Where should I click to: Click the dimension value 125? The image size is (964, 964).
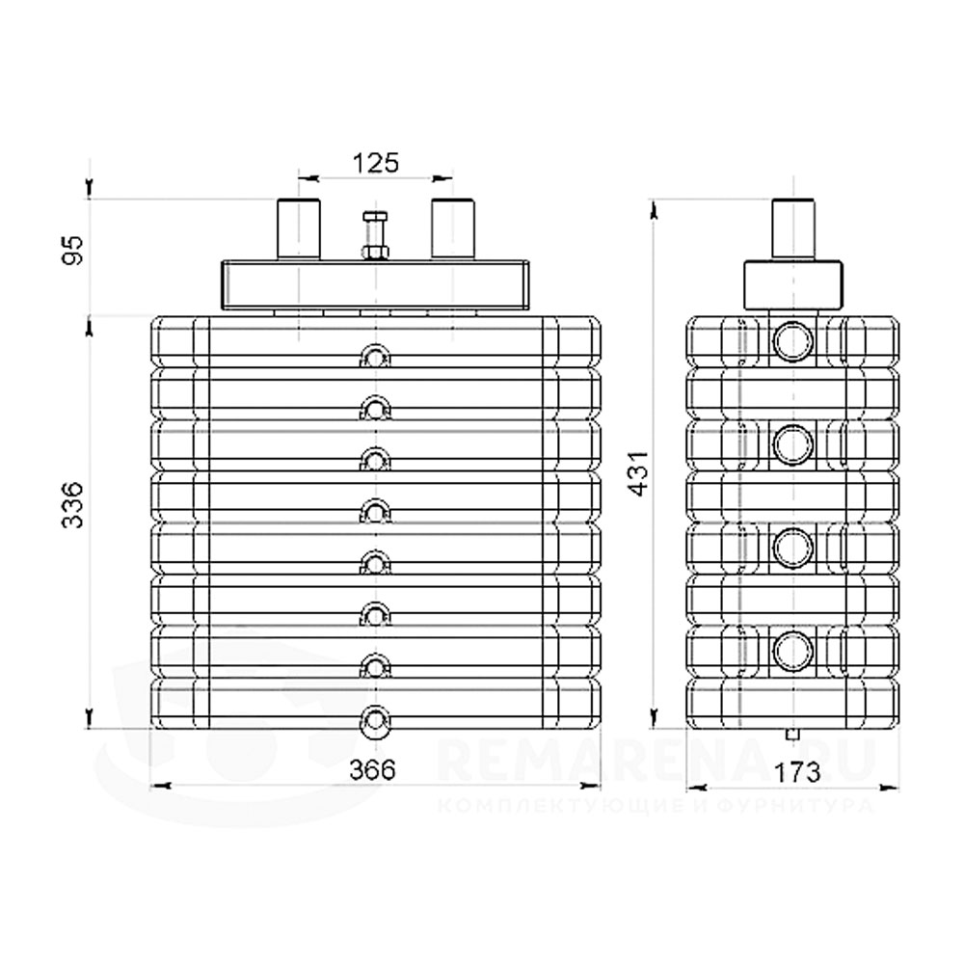[x=374, y=162]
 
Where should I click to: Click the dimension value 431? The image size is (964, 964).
[x=635, y=473]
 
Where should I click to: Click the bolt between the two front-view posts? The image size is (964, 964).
[x=374, y=235]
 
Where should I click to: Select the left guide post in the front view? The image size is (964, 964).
[x=298, y=228]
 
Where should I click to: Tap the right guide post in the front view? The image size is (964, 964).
[x=452, y=228]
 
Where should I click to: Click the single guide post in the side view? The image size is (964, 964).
[x=793, y=228]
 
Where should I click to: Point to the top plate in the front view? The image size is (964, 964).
[x=374, y=283]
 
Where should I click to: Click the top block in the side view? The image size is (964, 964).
[x=793, y=285]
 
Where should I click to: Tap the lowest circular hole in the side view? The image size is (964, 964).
[x=793, y=651]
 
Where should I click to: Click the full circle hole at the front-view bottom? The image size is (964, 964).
[x=374, y=720]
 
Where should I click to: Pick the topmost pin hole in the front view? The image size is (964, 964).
[x=374, y=359]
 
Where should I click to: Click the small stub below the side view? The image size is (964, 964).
[x=792, y=736]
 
